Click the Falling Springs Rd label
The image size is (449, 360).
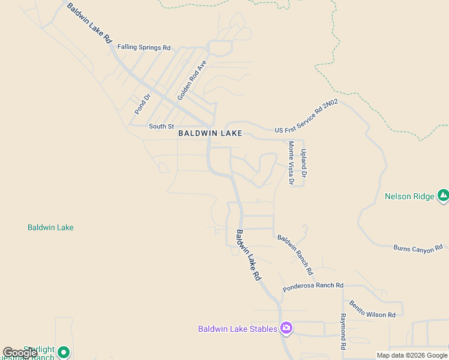point(144,47)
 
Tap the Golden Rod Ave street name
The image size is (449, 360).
point(192,80)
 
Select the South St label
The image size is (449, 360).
point(161,126)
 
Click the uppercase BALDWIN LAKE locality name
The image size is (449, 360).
point(210,134)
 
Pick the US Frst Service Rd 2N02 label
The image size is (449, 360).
point(306,117)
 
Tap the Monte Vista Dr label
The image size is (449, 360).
point(291,162)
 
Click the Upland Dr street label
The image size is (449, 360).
point(304,163)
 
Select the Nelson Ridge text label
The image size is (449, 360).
point(409,196)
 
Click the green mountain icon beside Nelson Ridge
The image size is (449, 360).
point(443,195)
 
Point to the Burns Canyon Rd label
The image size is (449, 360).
point(418,248)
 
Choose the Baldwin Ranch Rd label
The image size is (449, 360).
point(295,251)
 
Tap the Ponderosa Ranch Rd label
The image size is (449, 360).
point(313,286)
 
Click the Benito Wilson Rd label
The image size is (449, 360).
point(372,309)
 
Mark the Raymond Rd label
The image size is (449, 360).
point(343,331)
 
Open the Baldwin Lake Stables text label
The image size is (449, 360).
point(238,329)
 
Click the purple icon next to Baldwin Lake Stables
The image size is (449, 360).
point(286,328)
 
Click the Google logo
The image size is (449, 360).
point(20,353)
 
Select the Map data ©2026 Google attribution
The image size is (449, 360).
point(412,355)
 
